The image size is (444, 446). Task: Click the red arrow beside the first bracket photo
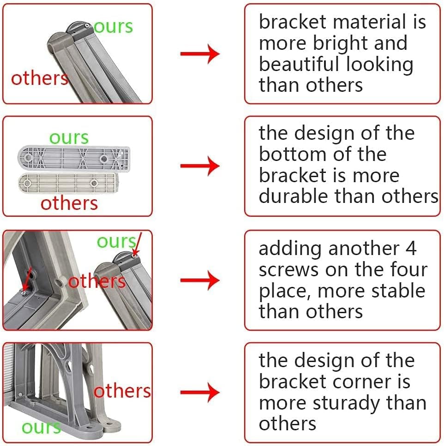click(x=199, y=54)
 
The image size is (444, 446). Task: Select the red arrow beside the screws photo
click(x=199, y=280)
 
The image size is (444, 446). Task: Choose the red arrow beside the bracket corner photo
click(x=199, y=393)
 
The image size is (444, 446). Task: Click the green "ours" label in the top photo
click(x=114, y=27)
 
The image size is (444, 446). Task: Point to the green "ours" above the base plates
click(x=69, y=137)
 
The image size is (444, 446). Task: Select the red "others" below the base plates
click(x=69, y=203)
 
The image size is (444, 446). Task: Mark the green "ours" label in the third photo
click(x=116, y=241)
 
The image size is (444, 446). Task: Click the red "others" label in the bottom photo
click(x=122, y=391)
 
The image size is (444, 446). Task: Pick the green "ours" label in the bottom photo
click(x=41, y=427)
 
